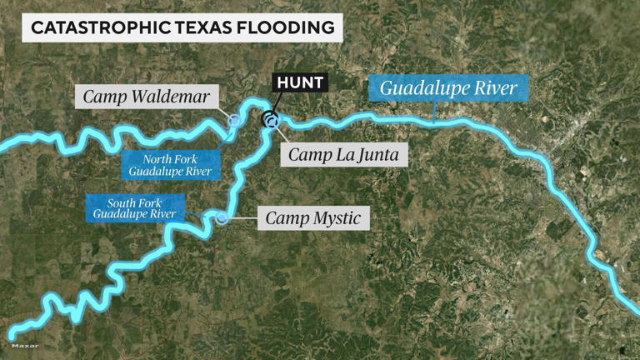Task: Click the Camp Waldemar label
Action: (x=147, y=96)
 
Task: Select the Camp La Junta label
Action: (x=343, y=154)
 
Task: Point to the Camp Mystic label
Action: (x=312, y=219)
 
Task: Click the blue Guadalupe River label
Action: (x=448, y=87)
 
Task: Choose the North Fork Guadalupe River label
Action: (x=170, y=166)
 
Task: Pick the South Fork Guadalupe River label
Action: (x=135, y=208)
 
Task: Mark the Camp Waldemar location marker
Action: (x=235, y=121)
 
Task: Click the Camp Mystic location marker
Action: (x=222, y=218)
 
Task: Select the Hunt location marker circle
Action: (x=271, y=119)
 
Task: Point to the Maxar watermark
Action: (x=25, y=345)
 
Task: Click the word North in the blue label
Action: (x=156, y=159)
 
